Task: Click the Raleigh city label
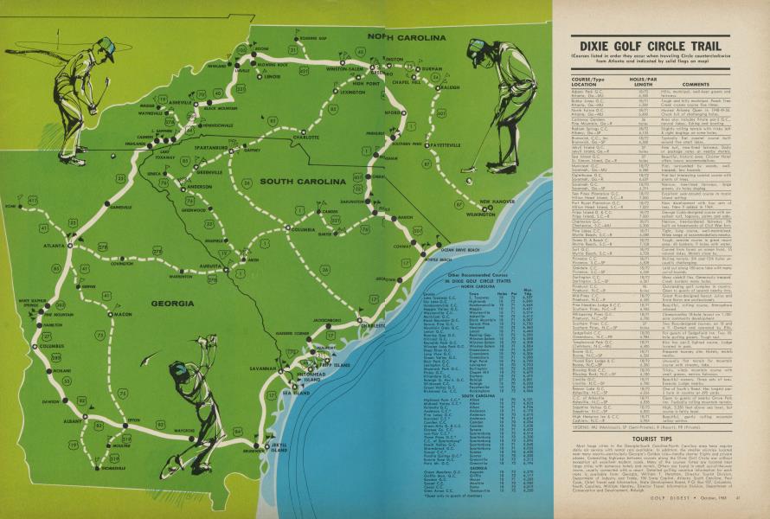[450, 87]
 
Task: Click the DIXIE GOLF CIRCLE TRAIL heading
[647, 43]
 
